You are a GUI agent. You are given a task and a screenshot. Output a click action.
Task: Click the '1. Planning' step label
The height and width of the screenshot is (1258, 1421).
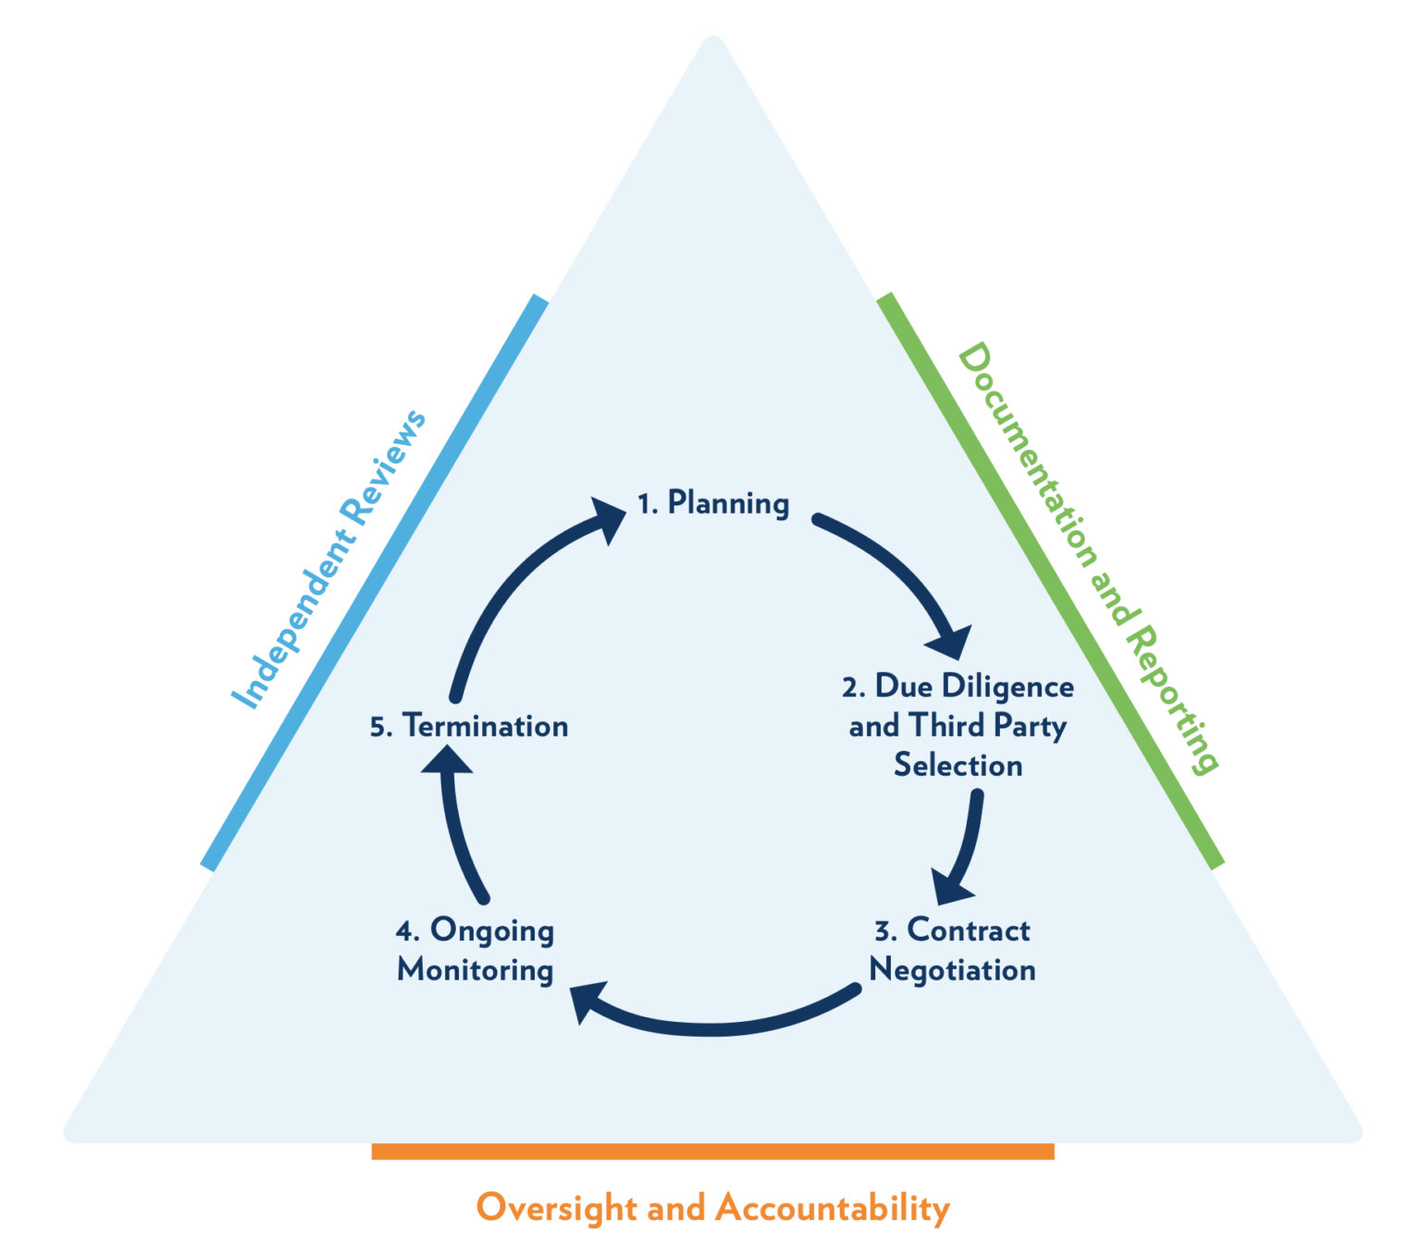point(713,503)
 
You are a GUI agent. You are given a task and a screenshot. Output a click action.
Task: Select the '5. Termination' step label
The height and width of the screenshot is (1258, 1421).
point(469,727)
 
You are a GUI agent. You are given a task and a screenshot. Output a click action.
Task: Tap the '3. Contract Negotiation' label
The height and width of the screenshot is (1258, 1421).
point(952,950)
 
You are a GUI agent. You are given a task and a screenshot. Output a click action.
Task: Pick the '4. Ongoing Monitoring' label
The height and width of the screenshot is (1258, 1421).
point(476,950)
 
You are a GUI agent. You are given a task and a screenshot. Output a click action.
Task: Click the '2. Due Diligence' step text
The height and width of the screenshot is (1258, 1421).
point(958,687)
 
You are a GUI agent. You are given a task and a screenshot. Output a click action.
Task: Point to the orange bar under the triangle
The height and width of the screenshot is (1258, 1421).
point(712,1151)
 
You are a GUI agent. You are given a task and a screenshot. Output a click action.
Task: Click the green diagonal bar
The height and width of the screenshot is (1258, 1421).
point(1050,580)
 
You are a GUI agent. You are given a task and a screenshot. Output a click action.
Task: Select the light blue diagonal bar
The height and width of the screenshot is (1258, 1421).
point(375,583)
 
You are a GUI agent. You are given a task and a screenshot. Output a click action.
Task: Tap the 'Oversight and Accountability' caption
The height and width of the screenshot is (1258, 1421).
point(712,1208)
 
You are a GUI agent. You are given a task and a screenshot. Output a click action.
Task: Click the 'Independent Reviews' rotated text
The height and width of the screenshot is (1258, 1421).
point(328,560)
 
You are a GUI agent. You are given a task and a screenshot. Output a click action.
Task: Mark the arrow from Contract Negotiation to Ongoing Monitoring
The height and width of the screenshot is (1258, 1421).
point(712,1023)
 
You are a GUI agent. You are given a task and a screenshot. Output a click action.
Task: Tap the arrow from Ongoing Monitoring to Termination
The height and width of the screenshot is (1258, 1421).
point(458,824)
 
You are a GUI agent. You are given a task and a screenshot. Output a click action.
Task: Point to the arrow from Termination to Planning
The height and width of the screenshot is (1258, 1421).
point(518,592)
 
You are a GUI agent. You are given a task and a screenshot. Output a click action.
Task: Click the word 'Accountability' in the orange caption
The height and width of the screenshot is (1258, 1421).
point(833,1208)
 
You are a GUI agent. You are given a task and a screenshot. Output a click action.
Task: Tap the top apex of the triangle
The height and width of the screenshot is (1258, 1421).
point(713,42)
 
